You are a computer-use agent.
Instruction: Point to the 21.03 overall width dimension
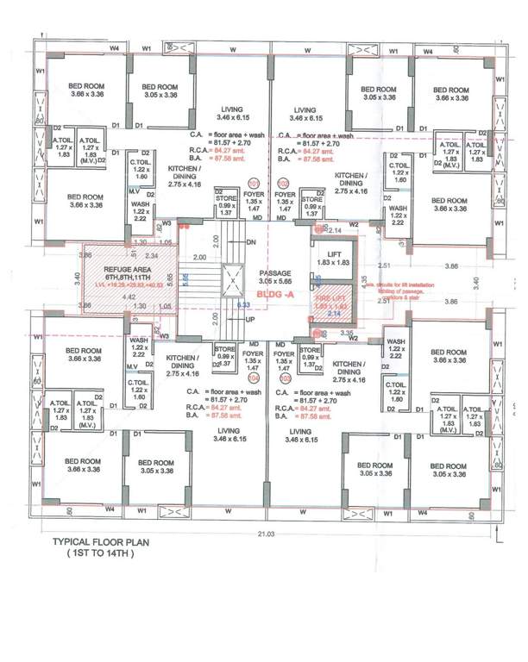(x=259, y=534)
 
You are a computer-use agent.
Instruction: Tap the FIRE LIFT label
(x=332, y=298)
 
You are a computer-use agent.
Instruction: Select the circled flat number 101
(x=254, y=184)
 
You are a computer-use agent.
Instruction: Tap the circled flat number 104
(x=254, y=377)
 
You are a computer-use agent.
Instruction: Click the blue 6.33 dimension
(x=245, y=304)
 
